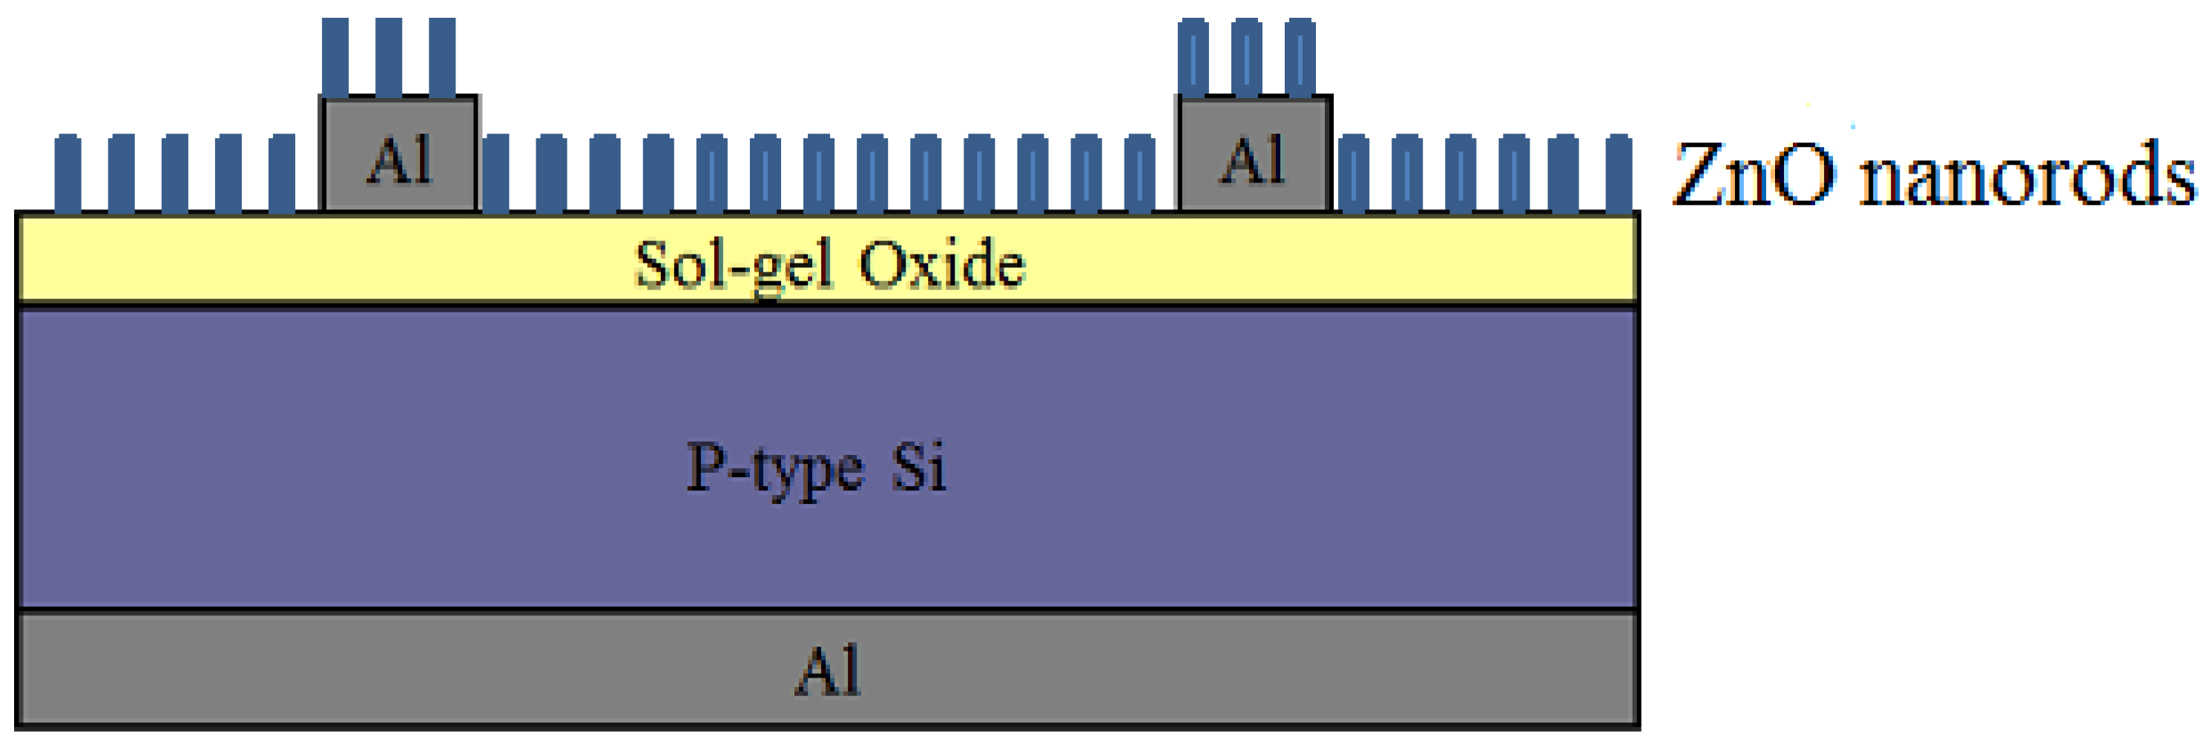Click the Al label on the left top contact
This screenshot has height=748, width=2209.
point(399,160)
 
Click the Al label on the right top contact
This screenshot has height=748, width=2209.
point(1253,160)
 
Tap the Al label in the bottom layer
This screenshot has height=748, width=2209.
point(828,671)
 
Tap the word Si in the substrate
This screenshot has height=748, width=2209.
point(918,467)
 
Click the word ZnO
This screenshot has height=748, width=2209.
point(1754,175)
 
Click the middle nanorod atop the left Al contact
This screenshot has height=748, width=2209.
point(389,56)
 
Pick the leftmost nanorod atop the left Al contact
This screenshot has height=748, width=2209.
point(335,56)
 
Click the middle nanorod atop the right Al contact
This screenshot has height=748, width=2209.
point(1246,56)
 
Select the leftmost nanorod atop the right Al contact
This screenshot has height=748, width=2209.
point(1193,56)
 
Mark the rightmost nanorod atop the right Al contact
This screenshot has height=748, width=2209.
point(1300,56)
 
